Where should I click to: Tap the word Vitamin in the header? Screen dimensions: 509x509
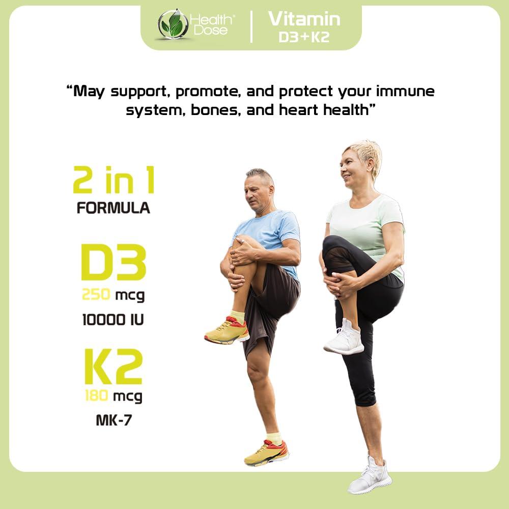(304, 19)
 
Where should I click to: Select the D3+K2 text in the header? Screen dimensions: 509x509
(304, 38)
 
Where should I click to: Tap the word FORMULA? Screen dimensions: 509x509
(114, 208)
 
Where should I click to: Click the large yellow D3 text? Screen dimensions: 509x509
(114, 263)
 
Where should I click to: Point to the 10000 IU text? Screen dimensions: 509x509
(113, 320)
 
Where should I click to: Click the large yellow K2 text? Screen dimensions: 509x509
(113, 366)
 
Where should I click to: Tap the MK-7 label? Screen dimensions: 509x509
(113, 420)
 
